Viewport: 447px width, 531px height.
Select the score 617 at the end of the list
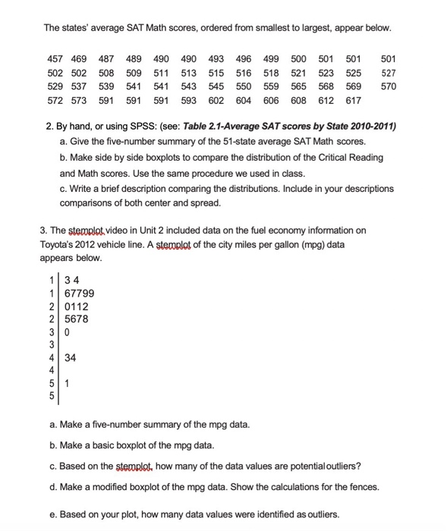click(x=354, y=100)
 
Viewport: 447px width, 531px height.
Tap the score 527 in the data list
click(x=389, y=74)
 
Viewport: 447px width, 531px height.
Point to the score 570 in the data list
click(x=389, y=87)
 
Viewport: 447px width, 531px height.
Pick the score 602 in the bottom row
click(x=216, y=100)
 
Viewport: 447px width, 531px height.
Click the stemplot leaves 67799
click(x=79, y=294)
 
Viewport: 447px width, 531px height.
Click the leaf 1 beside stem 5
click(x=67, y=383)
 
